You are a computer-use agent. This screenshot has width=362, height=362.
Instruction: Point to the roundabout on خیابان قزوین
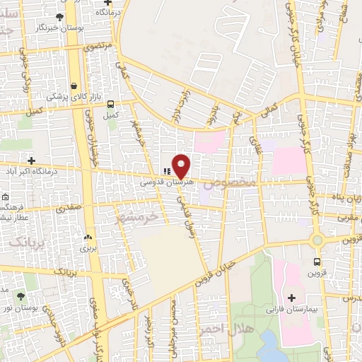pyautogui.click(x=317, y=240)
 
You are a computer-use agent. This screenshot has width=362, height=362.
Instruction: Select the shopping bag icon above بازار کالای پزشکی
pyautogui.click(x=74, y=86)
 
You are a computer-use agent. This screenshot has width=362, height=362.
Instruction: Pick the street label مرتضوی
pyautogui.click(x=99, y=46)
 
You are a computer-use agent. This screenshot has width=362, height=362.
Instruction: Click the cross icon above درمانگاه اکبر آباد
pyautogui.click(x=31, y=160)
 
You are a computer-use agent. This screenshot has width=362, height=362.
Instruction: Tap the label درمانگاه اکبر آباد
pyautogui.click(x=32, y=170)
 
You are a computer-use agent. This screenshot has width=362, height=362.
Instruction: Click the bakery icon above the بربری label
pyautogui.click(x=88, y=238)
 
